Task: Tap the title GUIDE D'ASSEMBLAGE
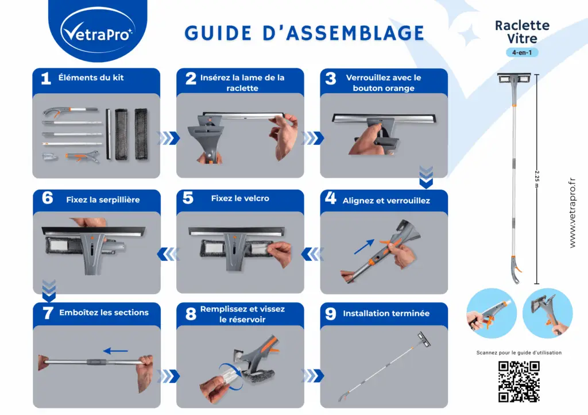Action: (304, 33)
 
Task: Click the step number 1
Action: (46, 79)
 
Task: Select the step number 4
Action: (330, 199)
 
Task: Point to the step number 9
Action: (330, 314)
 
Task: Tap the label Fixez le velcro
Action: (240, 198)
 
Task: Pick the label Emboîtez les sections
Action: (104, 313)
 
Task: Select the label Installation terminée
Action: (386, 313)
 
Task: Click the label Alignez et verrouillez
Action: (386, 201)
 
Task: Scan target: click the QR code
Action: (519, 381)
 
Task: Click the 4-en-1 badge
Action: (522, 52)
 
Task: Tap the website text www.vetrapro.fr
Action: (572, 213)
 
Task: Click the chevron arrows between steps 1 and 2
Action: (168, 138)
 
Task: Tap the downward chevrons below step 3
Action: (425, 177)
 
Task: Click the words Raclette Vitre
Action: (522, 32)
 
